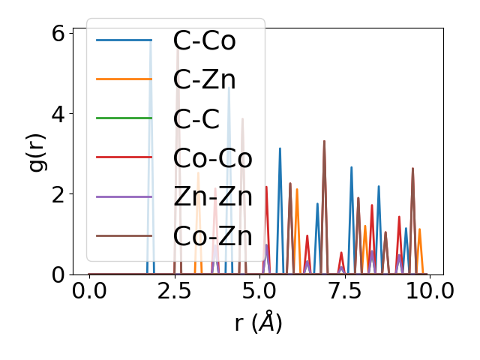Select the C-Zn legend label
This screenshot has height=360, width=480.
(x=204, y=79)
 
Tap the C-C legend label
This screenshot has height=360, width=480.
(x=196, y=118)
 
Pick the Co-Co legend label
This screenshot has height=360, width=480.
(x=212, y=157)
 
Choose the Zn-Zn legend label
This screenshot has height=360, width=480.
(x=212, y=196)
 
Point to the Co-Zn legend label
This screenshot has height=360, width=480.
(x=212, y=235)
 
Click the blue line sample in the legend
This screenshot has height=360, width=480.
(x=124, y=40)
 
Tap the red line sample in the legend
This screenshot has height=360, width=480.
(x=124, y=157)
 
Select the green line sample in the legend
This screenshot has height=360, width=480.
(x=124, y=118)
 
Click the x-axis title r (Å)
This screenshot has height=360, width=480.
(x=258, y=323)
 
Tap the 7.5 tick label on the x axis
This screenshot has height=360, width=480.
(x=344, y=290)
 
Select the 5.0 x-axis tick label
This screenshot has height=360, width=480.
(x=259, y=290)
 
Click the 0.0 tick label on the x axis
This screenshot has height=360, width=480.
(x=89, y=290)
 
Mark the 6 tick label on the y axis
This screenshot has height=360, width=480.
(x=58, y=34)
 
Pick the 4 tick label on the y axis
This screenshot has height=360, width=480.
(x=58, y=114)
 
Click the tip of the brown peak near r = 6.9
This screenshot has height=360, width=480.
(x=324, y=141)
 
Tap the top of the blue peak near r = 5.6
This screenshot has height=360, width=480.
(x=280, y=148)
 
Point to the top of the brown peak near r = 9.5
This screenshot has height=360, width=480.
(x=412, y=168)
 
